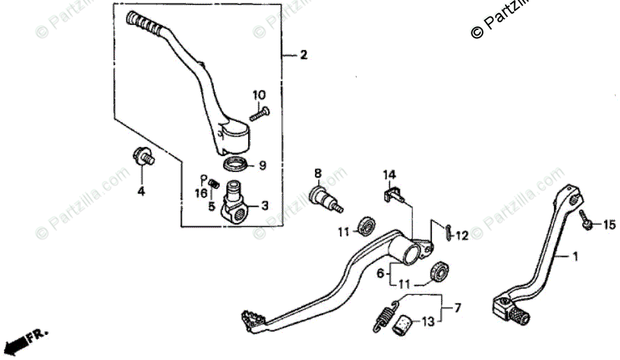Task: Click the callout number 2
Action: tap(302, 56)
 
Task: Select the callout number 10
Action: tap(259, 95)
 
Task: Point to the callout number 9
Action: tap(263, 166)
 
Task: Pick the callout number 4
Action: tap(141, 191)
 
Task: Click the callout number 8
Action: tap(317, 173)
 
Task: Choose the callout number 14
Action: tap(388, 174)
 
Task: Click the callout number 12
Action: tap(461, 236)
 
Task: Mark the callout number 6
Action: tap(380, 274)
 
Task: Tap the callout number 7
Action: tap(458, 307)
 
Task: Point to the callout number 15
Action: tap(609, 225)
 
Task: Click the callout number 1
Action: tap(575, 256)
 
